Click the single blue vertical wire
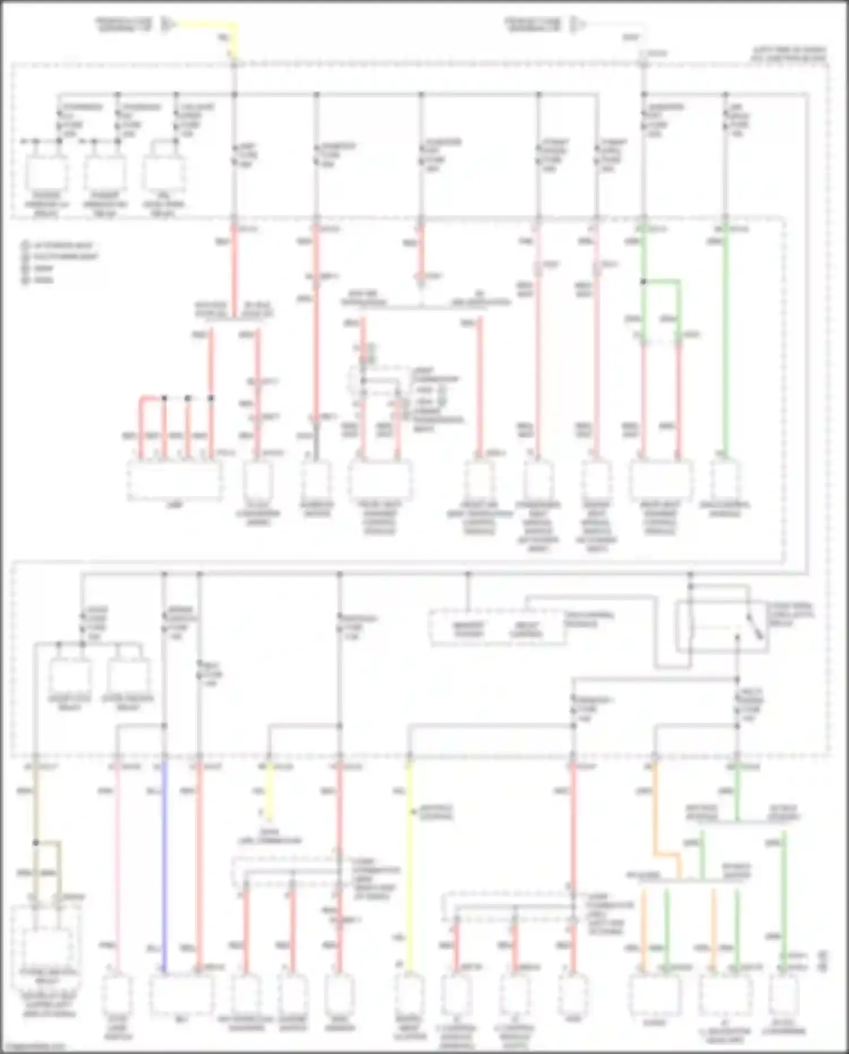point(165,867)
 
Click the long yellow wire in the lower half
point(409,878)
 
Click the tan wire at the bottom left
point(36,804)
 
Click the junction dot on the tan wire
point(36,843)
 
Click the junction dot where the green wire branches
point(643,281)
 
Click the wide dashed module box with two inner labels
point(498,628)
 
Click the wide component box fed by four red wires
point(174,480)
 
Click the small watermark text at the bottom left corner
point(34,1047)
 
